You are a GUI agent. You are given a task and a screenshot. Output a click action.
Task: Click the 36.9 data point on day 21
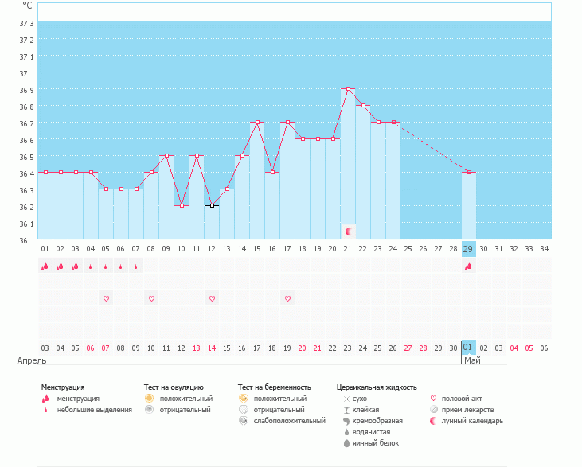348,89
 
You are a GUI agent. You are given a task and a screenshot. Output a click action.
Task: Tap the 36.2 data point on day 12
212,205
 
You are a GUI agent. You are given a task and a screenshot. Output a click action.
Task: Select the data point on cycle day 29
469,172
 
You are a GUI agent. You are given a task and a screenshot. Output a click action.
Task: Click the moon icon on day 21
348,231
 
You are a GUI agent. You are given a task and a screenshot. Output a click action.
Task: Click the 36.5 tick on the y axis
26,157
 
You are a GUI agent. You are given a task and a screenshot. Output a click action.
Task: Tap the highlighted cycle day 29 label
468,249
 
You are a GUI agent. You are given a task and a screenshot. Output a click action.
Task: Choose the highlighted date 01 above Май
468,348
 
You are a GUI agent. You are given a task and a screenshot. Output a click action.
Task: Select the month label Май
472,360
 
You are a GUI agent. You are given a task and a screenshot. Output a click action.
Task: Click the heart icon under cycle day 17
287,298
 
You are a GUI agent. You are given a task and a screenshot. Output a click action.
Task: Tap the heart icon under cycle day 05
106,298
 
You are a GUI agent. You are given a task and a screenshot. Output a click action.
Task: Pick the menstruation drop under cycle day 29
468,267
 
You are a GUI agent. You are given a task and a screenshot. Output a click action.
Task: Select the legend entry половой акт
462,398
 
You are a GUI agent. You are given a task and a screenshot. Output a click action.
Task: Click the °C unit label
27,6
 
